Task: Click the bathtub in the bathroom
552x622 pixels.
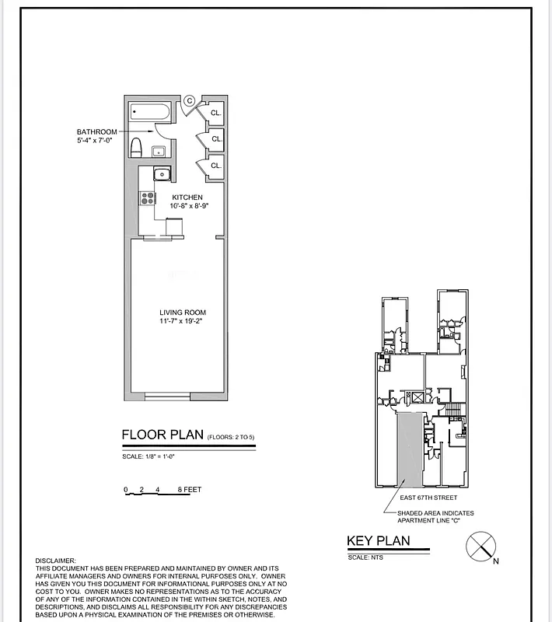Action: click(x=149, y=113)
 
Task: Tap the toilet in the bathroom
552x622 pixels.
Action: click(x=136, y=147)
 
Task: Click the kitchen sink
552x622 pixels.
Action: click(x=160, y=175)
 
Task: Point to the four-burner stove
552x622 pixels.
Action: click(x=146, y=198)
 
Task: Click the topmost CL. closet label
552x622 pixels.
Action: click(x=216, y=114)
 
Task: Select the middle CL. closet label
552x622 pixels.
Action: click(x=216, y=139)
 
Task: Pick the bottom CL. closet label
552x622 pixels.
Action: click(x=216, y=166)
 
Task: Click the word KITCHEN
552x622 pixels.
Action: click(x=187, y=197)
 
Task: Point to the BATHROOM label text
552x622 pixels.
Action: click(x=96, y=132)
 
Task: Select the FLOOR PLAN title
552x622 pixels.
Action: click(x=162, y=435)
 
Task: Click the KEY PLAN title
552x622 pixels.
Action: click(x=378, y=541)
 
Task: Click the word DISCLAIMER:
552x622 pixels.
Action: click(x=56, y=561)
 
